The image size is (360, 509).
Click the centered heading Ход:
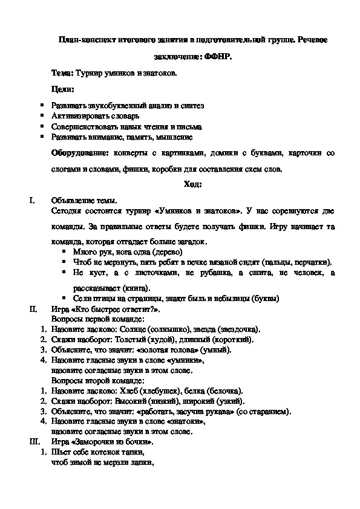tap(192, 185)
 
